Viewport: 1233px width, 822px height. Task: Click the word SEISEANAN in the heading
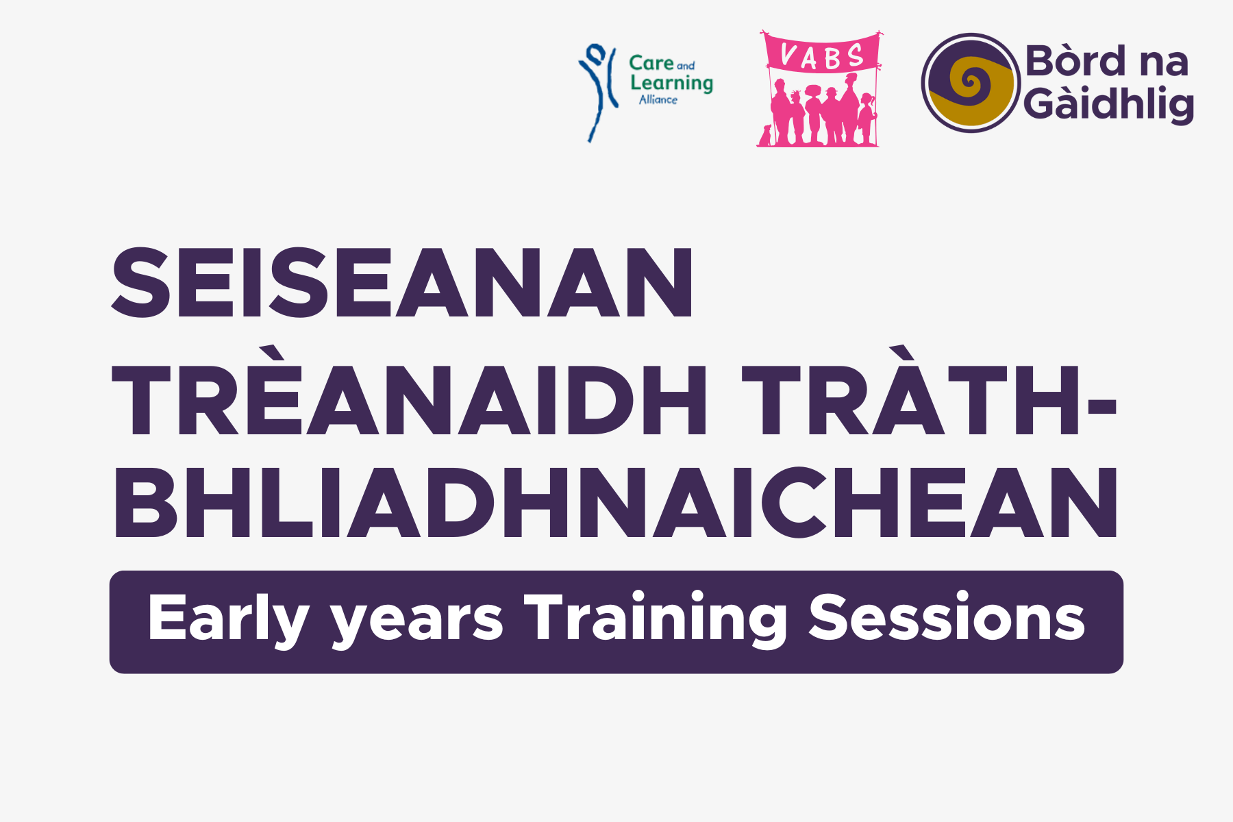point(403,282)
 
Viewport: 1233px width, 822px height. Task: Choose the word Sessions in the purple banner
point(947,617)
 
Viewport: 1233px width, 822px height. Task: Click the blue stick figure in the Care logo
point(597,92)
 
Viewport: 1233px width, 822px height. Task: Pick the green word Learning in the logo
point(671,84)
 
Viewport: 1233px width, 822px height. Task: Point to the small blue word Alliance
point(658,100)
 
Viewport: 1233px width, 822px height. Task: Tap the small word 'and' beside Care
point(686,66)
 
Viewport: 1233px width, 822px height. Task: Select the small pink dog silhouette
point(764,136)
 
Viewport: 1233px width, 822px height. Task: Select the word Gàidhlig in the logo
point(1109,104)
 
